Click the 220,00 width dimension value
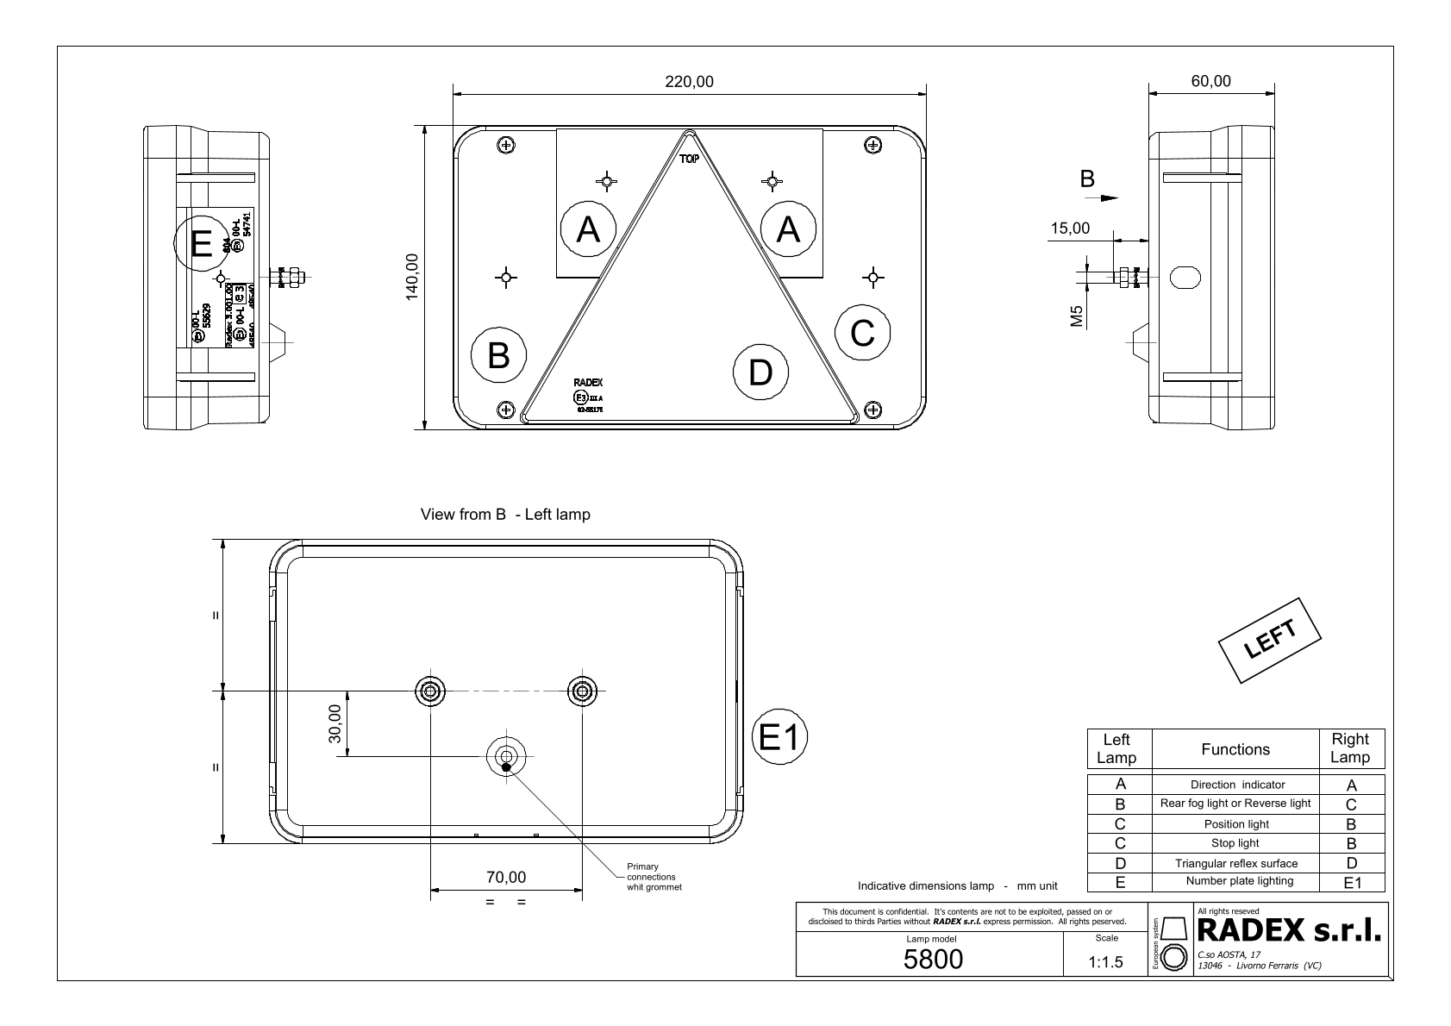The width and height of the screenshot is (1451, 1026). pos(689,82)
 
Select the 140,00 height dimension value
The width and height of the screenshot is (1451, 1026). pos(412,277)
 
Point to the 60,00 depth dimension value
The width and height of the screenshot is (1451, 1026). pos(1210,82)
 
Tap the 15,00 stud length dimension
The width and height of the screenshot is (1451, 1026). pos(1069,228)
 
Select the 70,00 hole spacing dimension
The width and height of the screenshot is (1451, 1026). pos(506,878)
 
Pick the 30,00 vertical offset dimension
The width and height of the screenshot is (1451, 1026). pos(335,723)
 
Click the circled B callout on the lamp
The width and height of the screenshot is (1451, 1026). pos(499,355)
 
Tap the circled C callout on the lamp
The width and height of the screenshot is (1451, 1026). pos(863,333)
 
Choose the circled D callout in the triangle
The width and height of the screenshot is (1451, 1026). pos(760,372)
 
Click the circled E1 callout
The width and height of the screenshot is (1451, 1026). pos(780,737)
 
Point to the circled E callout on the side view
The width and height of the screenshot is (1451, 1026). pos(201,246)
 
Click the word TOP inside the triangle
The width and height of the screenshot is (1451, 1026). pos(689,160)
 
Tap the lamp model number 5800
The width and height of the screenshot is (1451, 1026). pos(933,959)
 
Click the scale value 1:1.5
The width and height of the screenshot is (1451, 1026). pos(1106,962)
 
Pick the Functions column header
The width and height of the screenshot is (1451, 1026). pos(1235,749)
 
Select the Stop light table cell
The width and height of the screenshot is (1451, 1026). pos(1235,843)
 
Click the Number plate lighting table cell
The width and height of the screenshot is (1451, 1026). pos(1239,881)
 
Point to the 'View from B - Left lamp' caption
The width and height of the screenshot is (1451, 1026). pos(505,515)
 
